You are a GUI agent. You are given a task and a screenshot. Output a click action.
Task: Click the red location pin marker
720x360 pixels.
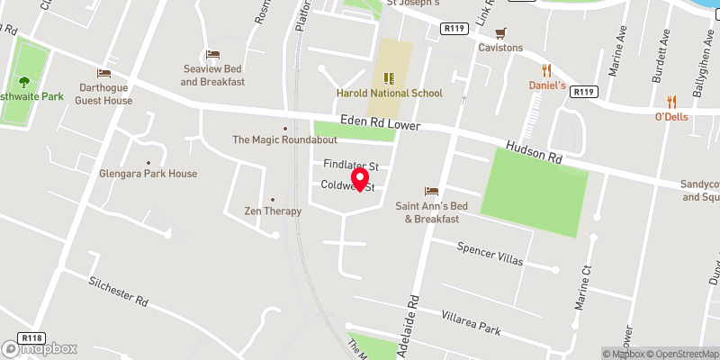tap(361, 177)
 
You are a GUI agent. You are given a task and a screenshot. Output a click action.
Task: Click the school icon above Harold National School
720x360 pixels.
tap(391, 77)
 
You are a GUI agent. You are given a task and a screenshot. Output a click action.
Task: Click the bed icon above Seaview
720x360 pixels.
tap(213, 55)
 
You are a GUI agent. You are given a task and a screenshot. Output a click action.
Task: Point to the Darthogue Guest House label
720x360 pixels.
tap(103, 94)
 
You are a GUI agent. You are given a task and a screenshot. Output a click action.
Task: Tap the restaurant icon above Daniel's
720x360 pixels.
tap(545, 69)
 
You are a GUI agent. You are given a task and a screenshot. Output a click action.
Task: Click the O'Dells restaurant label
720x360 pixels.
tap(671, 117)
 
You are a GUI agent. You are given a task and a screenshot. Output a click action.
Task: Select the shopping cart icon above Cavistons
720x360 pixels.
tap(500, 32)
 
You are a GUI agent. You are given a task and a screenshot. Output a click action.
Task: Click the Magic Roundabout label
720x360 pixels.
tap(285, 140)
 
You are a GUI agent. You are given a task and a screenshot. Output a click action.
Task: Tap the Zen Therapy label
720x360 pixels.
tap(272, 211)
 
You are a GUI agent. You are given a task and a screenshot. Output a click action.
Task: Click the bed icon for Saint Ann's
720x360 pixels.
tap(431, 191)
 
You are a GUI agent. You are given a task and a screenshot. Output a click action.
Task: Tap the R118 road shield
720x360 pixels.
tap(32, 338)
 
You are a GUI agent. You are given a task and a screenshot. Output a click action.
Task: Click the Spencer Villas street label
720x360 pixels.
tap(490, 253)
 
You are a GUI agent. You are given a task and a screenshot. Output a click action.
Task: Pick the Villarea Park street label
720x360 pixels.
tap(470, 322)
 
